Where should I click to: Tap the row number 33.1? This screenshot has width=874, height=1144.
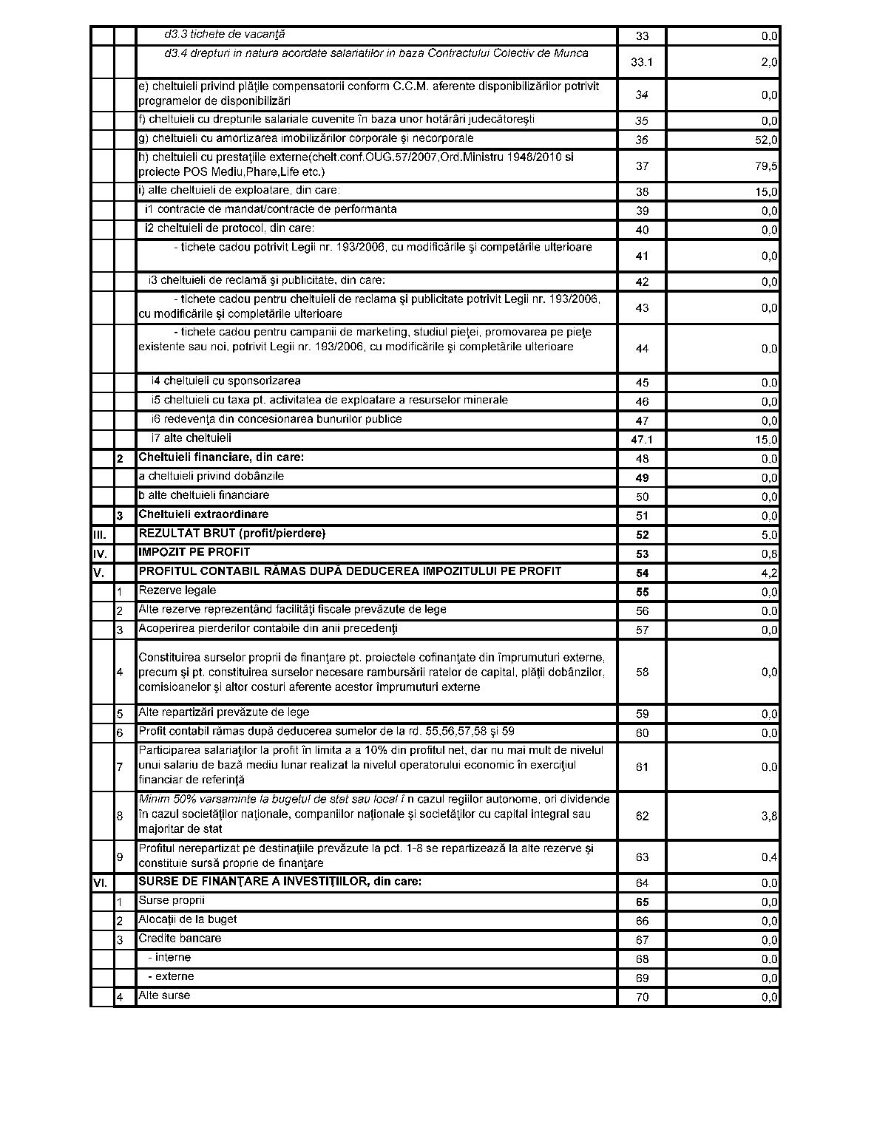coord(642,62)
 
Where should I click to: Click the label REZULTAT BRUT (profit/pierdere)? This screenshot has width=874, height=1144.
coord(232,534)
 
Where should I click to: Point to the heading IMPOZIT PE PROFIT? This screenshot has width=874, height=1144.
coord(194,552)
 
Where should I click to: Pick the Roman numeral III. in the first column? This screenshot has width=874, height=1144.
coord(100,534)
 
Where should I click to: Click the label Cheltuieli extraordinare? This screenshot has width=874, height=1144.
coord(203,514)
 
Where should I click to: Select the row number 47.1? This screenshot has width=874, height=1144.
coord(642,440)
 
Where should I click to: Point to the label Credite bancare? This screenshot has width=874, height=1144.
coord(180,939)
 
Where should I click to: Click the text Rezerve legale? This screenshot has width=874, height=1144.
coord(177,590)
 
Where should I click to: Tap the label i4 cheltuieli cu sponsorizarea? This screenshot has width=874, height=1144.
coord(226,381)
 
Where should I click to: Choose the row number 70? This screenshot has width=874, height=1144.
coord(642,997)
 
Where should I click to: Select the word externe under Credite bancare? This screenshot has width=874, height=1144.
coord(175,976)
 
